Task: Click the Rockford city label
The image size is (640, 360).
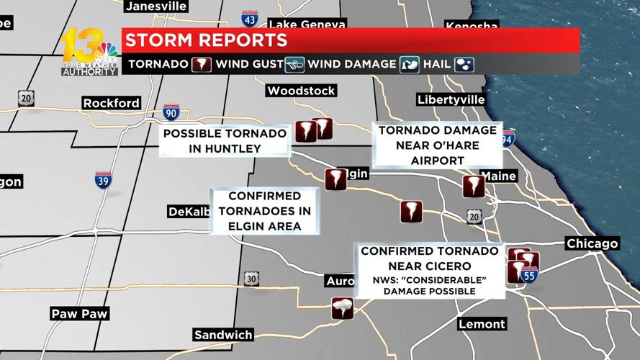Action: pos(111,103)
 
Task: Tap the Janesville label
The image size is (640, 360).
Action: pos(156,6)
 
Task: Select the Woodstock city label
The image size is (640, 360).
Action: pos(300,91)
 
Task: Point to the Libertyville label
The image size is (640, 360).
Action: pos(451,99)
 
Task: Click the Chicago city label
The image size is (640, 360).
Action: pos(592,243)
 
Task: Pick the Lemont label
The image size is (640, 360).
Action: pos(482,324)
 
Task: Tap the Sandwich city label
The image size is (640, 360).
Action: pos(222,335)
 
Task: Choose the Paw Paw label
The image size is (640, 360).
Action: pos(79,313)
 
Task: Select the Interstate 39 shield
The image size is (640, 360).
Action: pos(103,180)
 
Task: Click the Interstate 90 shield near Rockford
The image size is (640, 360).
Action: pos(172,113)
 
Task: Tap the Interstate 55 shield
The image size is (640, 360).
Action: pos(528,274)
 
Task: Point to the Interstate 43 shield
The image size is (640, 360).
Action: pos(250,18)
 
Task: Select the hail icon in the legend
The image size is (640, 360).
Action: pos(464,64)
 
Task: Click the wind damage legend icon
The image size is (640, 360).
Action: pos(410,64)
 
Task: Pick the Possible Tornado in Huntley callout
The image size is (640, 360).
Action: pos(224,141)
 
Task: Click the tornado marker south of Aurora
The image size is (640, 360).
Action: pos(342,309)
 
